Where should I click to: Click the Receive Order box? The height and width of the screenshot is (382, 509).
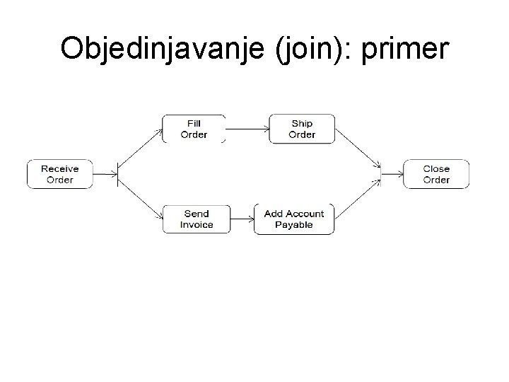point(60,174)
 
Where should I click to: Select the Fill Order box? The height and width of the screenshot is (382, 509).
point(194,129)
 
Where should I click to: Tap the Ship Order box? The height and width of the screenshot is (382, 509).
point(302,129)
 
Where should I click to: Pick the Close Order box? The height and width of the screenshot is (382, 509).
point(436,174)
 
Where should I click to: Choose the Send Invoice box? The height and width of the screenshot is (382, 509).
point(196,219)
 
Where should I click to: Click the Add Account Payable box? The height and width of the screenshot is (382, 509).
point(293,219)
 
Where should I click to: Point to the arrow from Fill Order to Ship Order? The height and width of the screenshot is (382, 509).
point(247,129)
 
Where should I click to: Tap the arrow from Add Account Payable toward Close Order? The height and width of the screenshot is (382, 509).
point(358,199)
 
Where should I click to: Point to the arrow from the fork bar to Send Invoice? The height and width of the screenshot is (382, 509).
point(141,197)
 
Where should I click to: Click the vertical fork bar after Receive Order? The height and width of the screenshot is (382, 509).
point(117,174)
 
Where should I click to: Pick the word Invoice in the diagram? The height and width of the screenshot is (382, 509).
point(196,225)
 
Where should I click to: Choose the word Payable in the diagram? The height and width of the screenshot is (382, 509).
point(293,225)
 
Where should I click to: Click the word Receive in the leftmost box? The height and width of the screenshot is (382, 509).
point(60,168)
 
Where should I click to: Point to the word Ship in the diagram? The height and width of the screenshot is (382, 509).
point(302,123)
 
